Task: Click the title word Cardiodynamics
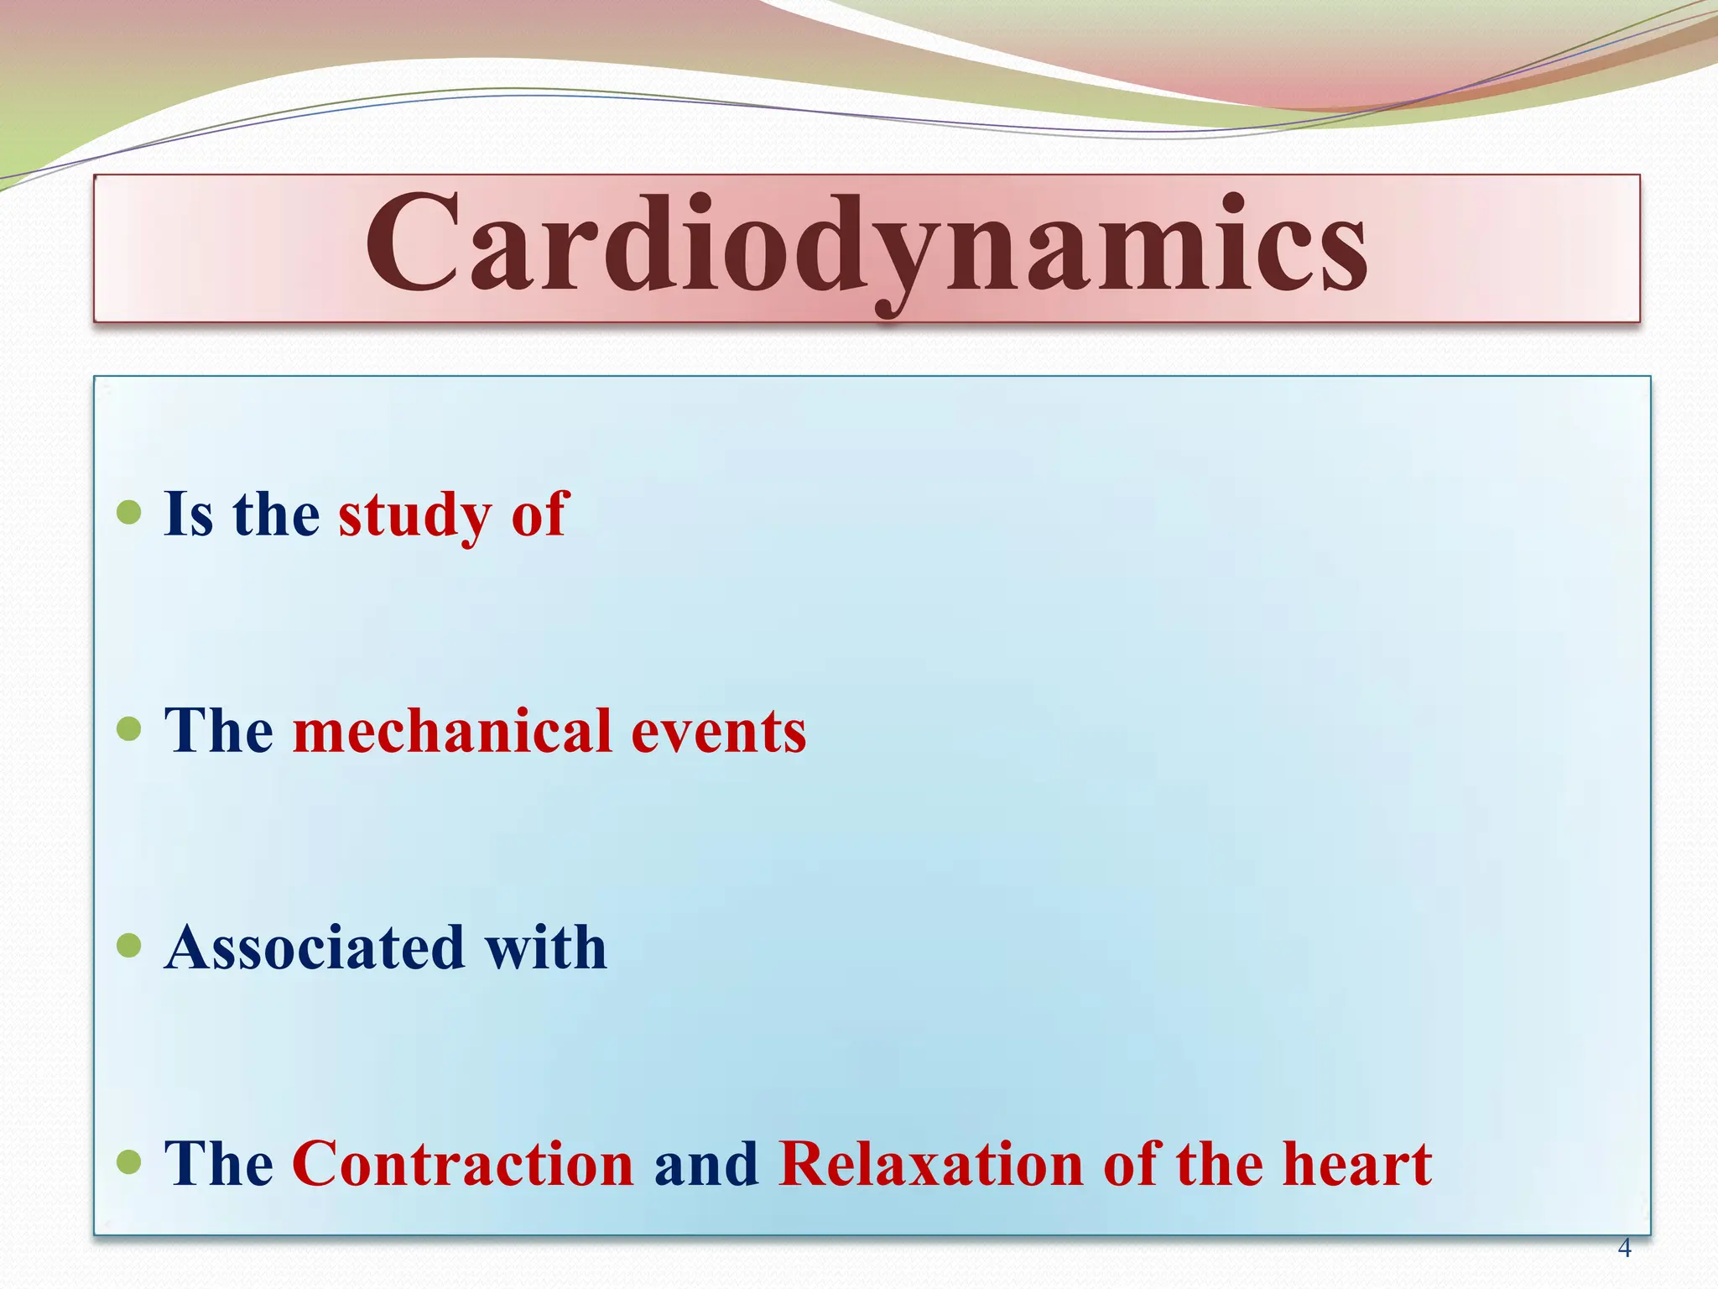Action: [x=866, y=245]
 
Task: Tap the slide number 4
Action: [x=1624, y=1248]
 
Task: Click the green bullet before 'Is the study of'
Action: [x=129, y=512]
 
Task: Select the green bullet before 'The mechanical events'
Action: [x=129, y=728]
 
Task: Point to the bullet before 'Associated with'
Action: [x=129, y=946]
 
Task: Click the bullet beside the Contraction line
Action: [x=129, y=1162]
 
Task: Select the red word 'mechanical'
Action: [x=452, y=731]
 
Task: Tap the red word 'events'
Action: [x=718, y=731]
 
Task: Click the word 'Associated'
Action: [x=315, y=947]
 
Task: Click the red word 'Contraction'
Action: [x=463, y=1164]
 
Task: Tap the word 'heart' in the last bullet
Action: [x=1356, y=1164]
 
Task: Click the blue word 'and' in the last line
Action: [x=706, y=1164]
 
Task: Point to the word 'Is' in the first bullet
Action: [x=189, y=514]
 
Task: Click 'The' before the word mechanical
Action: [x=219, y=731]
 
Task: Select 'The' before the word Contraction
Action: [x=219, y=1164]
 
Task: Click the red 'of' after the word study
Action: [x=540, y=514]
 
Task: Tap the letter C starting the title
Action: [x=411, y=243]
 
